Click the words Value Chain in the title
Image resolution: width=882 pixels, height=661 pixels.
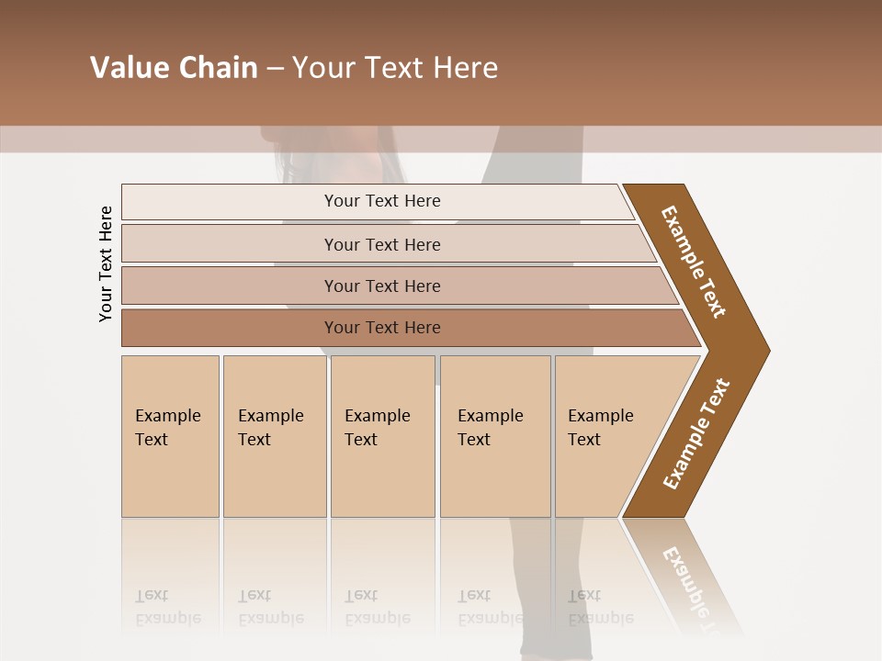[174, 68]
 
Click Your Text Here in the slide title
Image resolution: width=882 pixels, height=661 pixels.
[395, 68]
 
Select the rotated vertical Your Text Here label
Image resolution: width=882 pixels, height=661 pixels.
[106, 263]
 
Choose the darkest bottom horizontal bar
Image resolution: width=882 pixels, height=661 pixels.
[230, 328]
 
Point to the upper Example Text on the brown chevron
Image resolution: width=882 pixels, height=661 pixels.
[694, 261]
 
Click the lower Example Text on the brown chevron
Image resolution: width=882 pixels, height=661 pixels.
[696, 434]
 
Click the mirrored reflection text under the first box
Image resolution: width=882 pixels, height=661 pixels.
[167, 607]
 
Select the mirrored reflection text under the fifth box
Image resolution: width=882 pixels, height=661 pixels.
[600, 607]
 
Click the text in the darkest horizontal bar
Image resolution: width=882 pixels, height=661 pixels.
[382, 328]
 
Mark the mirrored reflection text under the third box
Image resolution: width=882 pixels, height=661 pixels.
[377, 607]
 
